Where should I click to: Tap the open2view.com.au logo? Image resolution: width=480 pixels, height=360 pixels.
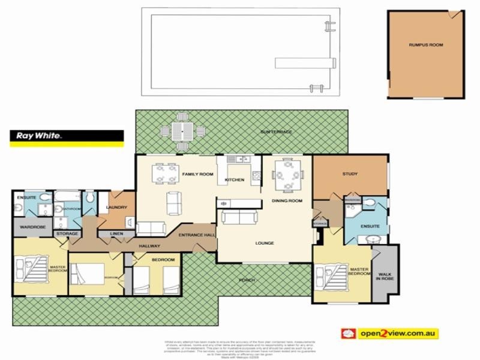(389, 333)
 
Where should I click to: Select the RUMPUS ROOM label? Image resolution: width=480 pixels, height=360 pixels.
(426, 45)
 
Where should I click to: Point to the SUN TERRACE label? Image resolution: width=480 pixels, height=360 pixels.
(276, 131)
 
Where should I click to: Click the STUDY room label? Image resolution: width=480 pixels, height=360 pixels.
(350, 174)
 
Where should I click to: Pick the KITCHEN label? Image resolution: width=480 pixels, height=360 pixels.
(234, 179)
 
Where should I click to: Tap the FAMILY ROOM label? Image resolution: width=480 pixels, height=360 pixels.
(198, 174)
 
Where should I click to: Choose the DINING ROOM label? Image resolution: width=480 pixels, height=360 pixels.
(287, 200)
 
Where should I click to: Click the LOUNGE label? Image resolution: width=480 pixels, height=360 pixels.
(264, 243)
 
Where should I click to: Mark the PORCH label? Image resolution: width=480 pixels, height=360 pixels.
(247, 280)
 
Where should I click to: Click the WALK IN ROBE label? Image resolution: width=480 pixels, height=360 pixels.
(384, 275)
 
